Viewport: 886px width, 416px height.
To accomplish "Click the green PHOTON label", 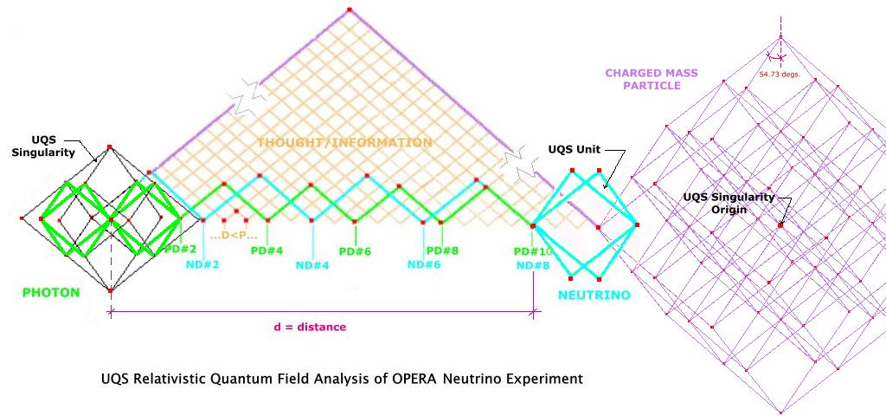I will tap(51, 293).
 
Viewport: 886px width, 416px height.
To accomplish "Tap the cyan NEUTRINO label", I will tap(593, 296).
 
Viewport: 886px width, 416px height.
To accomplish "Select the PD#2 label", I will tap(179, 250).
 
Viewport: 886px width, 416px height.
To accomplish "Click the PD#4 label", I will tap(266, 250).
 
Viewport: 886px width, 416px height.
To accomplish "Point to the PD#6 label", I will tap(355, 251).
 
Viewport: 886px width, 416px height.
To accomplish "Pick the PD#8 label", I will tap(442, 250).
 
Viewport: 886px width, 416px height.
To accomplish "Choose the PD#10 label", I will tap(533, 251).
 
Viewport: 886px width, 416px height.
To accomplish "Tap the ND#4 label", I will tap(312, 265).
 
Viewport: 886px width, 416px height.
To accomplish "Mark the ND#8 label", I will tap(533, 264).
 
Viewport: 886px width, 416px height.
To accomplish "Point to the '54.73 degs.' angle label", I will tap(779, 75).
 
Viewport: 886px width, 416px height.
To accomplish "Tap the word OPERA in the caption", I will tap(446, 379).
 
